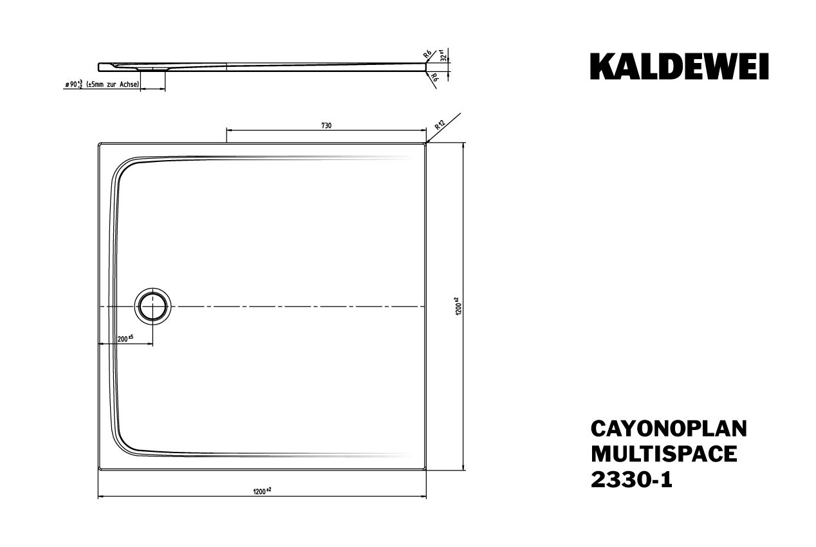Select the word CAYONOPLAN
pos(669,429)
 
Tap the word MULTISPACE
pos(663,454)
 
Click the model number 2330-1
pos(631,480)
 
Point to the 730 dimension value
pos(326,125)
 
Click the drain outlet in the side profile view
pos(153,71)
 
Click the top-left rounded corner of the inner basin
pos(124,166)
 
